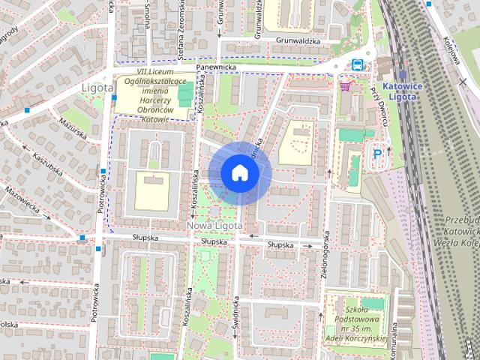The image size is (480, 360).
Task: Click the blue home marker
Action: point(239,172)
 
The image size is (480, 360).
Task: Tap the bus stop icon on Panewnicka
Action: point(358,64)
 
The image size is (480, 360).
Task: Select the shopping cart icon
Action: point(345,85)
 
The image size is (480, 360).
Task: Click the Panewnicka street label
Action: point(216,67)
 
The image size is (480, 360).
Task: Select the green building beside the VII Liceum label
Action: point(185,94)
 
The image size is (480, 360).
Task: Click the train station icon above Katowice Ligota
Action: point(402,76)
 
